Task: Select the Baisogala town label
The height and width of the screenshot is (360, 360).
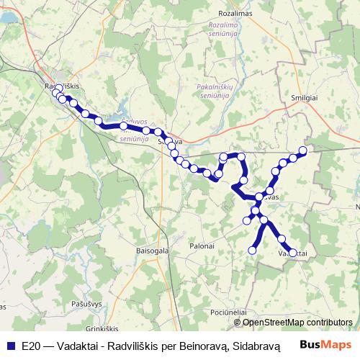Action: (151, 251)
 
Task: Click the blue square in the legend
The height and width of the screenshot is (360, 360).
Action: (9, 345)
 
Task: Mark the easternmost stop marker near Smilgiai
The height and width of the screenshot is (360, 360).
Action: (303, 150)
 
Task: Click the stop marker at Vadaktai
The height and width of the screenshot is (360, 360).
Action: (293, 253)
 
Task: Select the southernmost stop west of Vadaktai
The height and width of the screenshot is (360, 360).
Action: (253, 250)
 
